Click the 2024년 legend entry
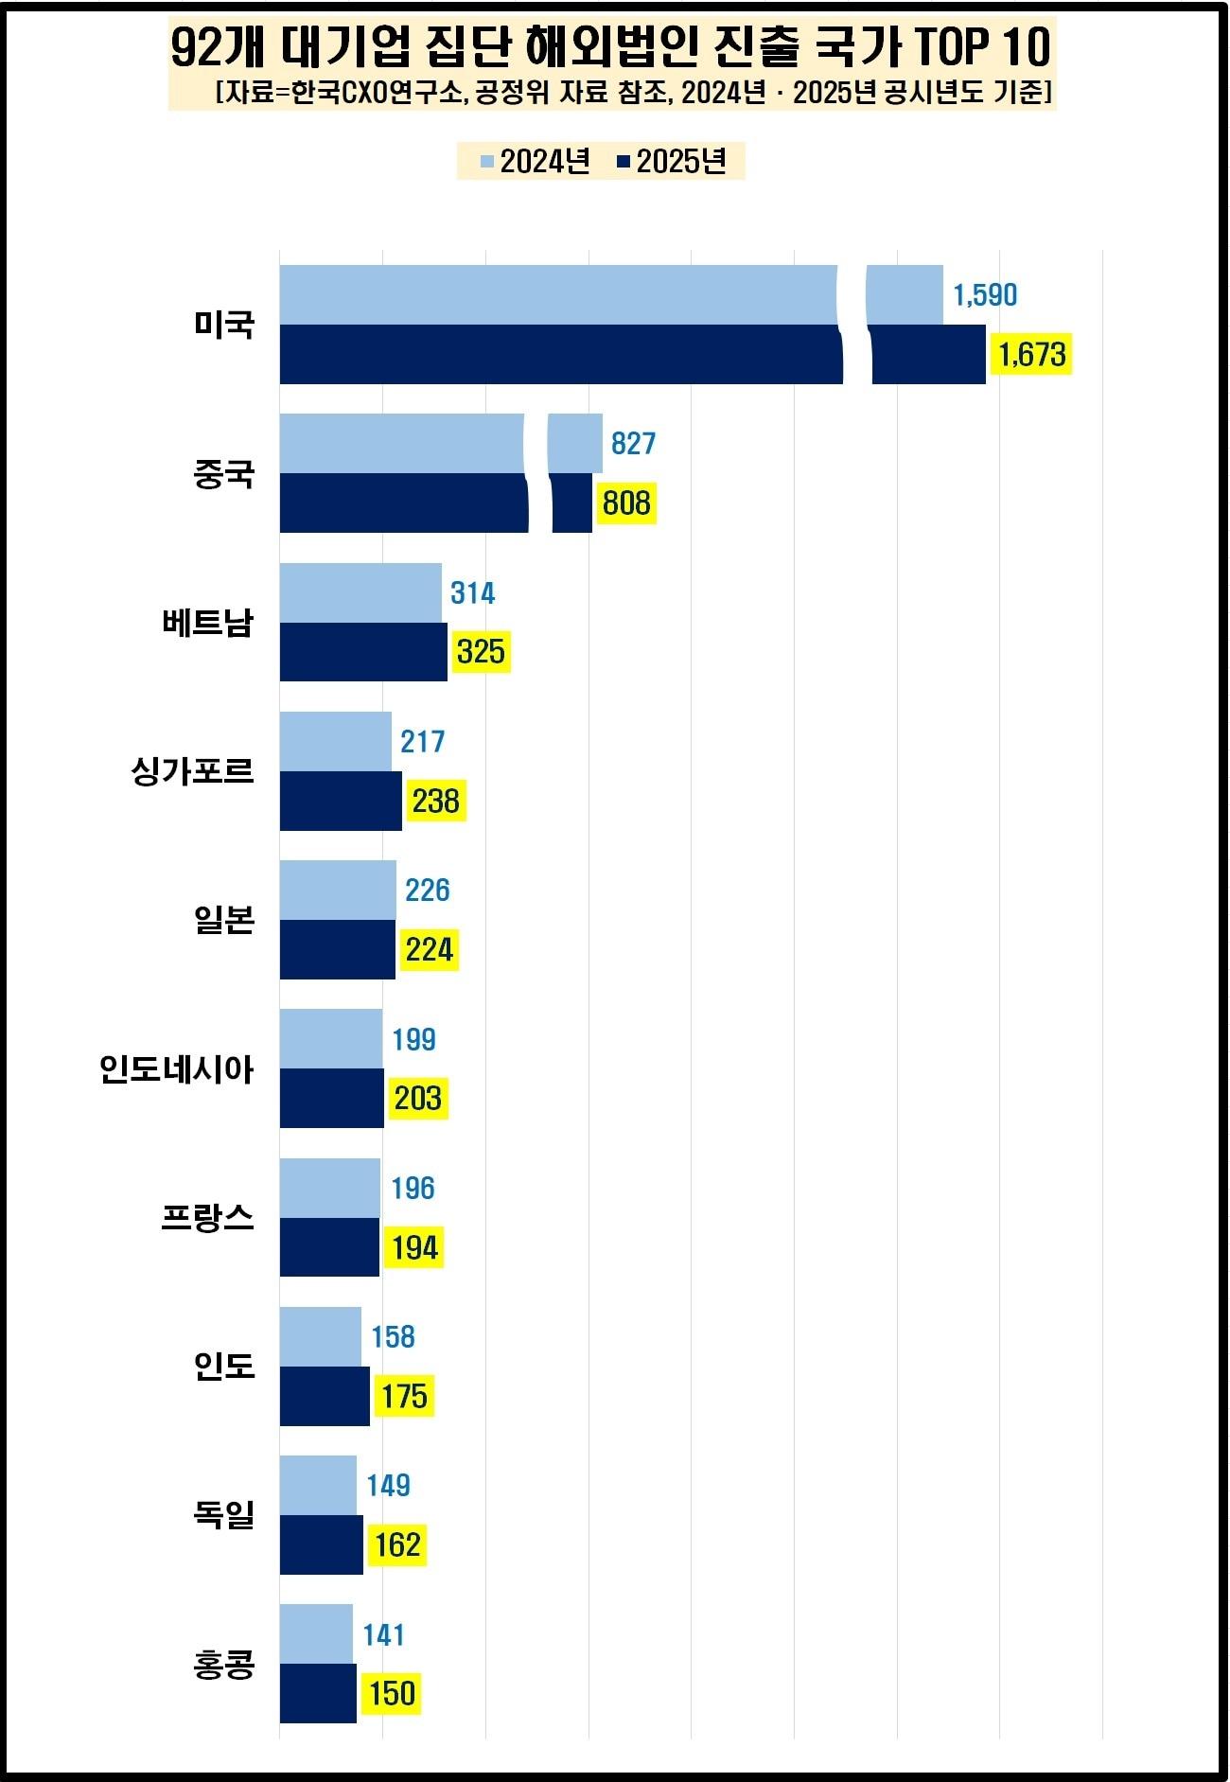pyautogui.click(x=536, y=162)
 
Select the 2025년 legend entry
pyautogui.click(x=672, y=162)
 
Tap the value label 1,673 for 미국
pyautogui.click(x=1031, y=355)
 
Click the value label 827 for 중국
pyautogui.click(x=633, y=443)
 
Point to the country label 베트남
pyautogui.click(x=208, y=623)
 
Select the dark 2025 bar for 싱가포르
pyautogui.click(x=341, y=801)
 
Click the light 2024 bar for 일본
pyautogui.click(x=338, y=890)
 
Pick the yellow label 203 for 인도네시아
pyautogui.click(x=417, y=1099)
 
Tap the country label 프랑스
pyautogui.click(x=208, y=1218)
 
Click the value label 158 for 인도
pyautogui.click(x=393, y=1336)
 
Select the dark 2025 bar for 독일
pyautogui.click(x=322, y=1544)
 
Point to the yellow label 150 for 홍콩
pyautogui.click(x=392, y=1693)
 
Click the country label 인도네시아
pyautogui.click(x=177, y=1069)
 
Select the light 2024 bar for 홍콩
pyautogui.click(x=316, y=1633)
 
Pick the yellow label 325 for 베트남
pyautogui.click(x=481, y=652)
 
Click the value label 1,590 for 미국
pyautogui.click(x=985, y=295)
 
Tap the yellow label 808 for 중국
pyautogui.click(x=626, y=503)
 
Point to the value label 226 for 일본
pyautogui.click(x=427, y=890)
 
